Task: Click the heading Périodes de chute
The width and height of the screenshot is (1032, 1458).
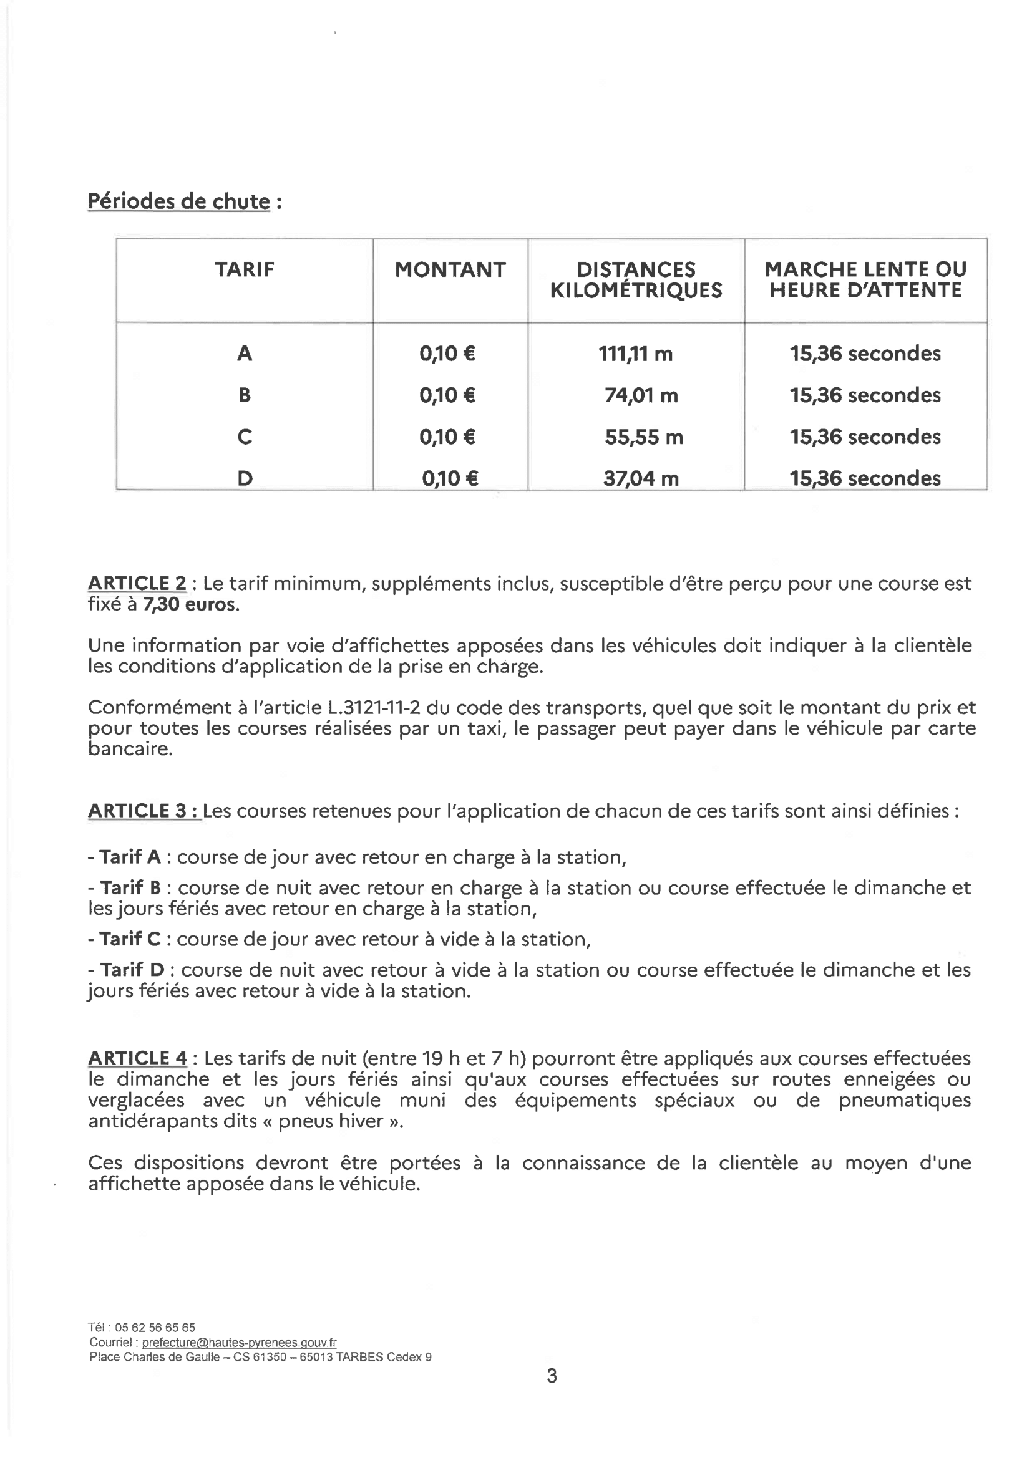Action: pyautogui.click(x=179, y=201)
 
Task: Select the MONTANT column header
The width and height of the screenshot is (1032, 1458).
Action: pyautogui.click(x=450, y=269)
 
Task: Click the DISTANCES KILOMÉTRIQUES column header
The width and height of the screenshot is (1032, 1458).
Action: pyautogui.click(x=635, y=279)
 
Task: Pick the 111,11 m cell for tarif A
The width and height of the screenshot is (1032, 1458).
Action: pyautogui.click(x=635, y=354)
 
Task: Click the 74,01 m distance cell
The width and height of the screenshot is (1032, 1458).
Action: pyautogui.click(x=641, y=395)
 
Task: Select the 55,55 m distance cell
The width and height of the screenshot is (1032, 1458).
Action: pyautogui.click(x=644, y=437)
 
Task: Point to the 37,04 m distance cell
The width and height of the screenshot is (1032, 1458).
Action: pyautogui.click(x=641, y=478)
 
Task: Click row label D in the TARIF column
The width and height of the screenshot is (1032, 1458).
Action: pyautogui.click(x=245, y=478)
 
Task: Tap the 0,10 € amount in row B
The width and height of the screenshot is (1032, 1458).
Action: pyautogui.click(x=447, y=395)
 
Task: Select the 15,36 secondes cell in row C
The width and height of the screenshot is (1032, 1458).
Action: pyautogui.click(x=865, y=437)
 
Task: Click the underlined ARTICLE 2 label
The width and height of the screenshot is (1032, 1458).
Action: pyautogui.click(x=137, y=583)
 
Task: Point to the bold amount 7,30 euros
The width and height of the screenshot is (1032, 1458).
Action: pyautogui.click(x=191, y=604)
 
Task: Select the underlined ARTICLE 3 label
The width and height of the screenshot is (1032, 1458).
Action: pyautogui.click(x=144, y=811)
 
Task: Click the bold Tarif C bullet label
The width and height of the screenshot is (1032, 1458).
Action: pyautogui.click(x=130, y=939)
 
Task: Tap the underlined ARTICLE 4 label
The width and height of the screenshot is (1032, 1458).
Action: pyautogui.click(x=137, y=1058)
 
